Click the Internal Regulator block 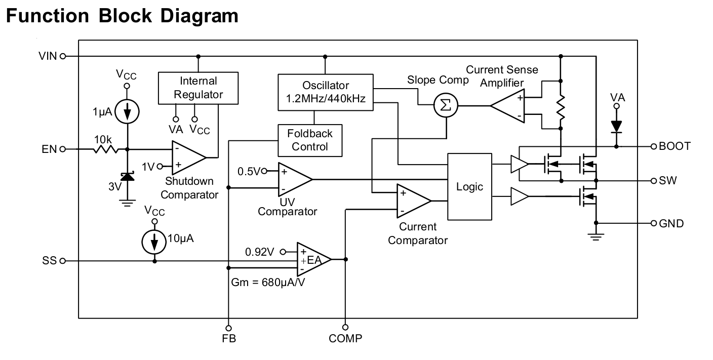click(198, 88)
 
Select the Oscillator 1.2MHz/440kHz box click(326, 92)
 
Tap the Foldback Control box click(310, 140)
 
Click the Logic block click(469, 186)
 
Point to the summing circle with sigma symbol click(446, 106)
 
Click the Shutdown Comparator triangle click(188, 157)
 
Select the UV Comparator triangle click(294, 179)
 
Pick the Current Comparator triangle click(413, 201)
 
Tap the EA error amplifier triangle click(313, 259)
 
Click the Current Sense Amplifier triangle click(507, 106)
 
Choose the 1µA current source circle click(127, 111)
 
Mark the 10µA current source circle click(154, 242)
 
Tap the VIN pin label click(48, 56)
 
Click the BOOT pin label click(675, 146)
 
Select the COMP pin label click(345, 338)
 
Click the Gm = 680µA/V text click(268, 282)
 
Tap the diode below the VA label click(616, 126)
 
